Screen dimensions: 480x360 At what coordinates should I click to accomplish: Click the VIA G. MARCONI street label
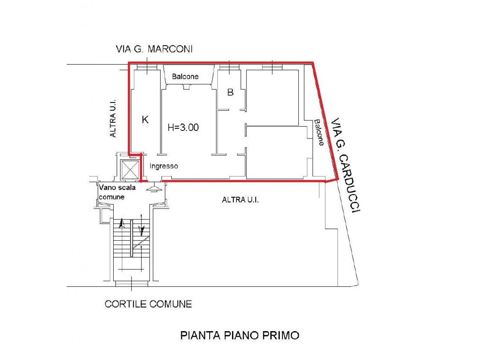point(154,49)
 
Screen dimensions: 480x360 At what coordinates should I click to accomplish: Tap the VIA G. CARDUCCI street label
point(345,165)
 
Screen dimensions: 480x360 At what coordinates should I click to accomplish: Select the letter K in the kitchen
point(145,120)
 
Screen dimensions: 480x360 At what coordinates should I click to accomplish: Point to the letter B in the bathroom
point(230,92)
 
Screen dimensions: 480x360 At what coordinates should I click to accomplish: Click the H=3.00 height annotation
point(183,127)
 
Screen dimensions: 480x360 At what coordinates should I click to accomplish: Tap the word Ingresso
point(163,166)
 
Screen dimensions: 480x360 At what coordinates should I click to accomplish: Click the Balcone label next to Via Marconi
point(185,76)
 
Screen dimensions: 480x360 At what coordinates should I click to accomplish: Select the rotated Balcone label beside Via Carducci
point(319,132)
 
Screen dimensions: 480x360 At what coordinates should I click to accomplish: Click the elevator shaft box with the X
point(130,170)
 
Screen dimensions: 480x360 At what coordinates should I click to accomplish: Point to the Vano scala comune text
point(117,192)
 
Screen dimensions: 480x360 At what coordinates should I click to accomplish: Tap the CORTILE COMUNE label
point(148,304)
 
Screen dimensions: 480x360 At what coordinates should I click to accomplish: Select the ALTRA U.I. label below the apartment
point(240,200)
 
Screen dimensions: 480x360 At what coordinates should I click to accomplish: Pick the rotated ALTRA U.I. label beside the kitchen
point(112,118)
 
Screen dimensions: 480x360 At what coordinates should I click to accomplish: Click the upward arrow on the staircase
point(122,224)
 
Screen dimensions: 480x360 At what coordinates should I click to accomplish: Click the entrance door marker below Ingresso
point(154,188)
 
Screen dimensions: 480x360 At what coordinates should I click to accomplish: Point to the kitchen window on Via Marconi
point(147,67)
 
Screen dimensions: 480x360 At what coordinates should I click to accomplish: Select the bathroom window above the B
point(229,67)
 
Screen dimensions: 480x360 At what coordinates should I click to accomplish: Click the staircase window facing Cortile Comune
point(132,284)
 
